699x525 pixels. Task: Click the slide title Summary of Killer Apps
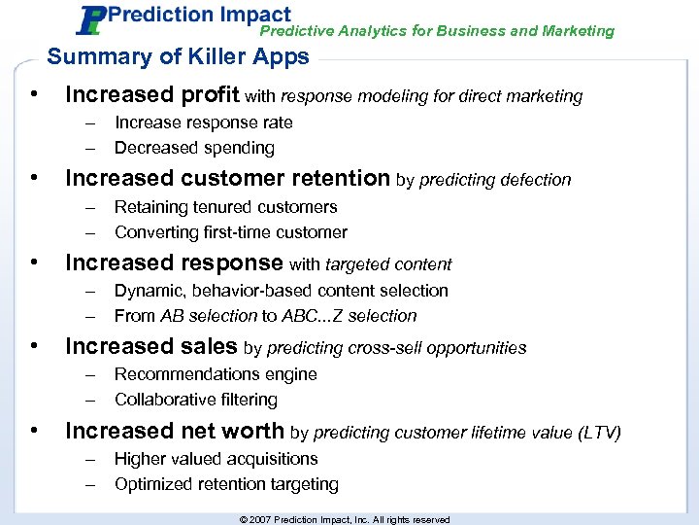[x=178, y=56]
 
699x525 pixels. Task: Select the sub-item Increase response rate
[x=203, y=122]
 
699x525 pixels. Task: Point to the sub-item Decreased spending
[x=194, y=148]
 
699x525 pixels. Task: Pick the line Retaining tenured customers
[x=225, y=207]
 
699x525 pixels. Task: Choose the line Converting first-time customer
[x=230, y=232]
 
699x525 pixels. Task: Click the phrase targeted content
[x=388, y=263]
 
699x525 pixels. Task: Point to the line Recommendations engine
[x=216, y=374]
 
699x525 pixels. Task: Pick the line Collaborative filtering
[x=195, y=400]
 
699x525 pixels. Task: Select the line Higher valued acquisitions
[x=216, y=459]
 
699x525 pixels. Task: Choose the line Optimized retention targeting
[x=226, y=484]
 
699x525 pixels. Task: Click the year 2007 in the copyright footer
[x=260, y=520]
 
